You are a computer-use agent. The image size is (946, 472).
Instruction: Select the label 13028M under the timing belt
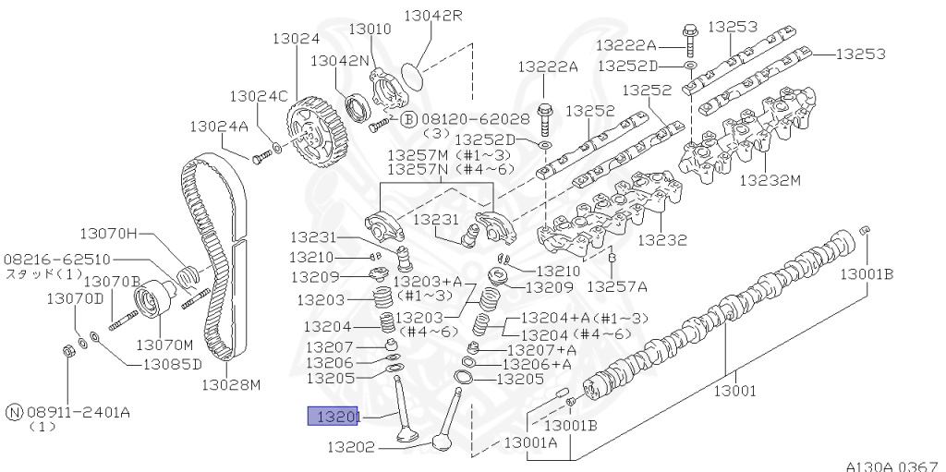(231, 384)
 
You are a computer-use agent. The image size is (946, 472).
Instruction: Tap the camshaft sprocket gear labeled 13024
(315, 139)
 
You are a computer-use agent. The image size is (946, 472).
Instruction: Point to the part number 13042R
(430, 16)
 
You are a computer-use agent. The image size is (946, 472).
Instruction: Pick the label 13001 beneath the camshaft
(736, 390)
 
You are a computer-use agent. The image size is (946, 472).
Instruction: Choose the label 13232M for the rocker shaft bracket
(770, 180)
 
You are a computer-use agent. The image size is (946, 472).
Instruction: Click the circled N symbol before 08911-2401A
(13, 412)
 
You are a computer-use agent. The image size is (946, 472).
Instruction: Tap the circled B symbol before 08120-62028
(408, 119)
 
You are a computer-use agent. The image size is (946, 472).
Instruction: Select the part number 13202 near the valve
(349, 448)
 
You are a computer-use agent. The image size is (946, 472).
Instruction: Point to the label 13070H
(107, 234)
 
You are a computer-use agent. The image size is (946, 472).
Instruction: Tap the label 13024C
(259, 95)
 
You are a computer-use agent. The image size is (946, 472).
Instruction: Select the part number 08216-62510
(57, 260)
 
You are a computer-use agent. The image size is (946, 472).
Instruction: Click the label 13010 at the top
(370, 30)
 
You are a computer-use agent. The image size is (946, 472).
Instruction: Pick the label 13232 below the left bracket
(662, 239)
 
